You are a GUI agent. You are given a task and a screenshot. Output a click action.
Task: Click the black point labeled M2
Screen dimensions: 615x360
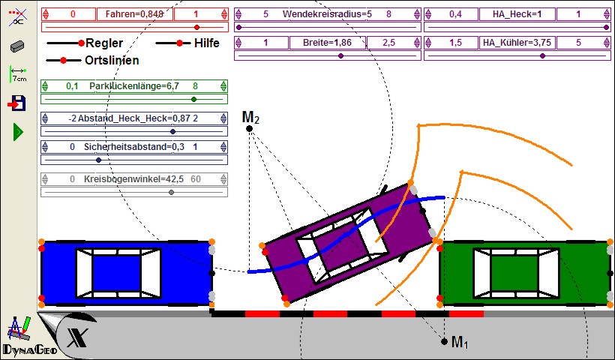pos(249,129)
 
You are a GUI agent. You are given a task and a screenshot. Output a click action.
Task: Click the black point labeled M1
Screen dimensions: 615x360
pos(444,341)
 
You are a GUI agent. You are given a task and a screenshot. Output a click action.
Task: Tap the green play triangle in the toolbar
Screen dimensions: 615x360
pos(18,132)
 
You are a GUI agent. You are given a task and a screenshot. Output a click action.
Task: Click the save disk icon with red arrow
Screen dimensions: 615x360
pos(16,103)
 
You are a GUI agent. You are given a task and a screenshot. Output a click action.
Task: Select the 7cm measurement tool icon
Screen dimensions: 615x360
pos(18,74)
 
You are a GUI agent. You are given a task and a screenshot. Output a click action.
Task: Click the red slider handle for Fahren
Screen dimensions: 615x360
pos(197,28)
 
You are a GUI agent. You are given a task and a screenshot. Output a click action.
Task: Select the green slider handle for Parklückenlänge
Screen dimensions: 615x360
pos(193,100)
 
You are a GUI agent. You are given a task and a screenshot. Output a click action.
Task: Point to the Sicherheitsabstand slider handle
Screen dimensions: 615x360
pos(98,160)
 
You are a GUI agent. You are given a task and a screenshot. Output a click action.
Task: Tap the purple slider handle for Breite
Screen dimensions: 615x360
pos(340,56)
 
